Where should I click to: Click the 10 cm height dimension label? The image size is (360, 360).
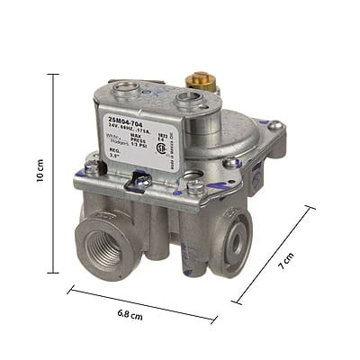40,172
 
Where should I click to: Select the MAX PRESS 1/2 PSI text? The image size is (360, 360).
147,140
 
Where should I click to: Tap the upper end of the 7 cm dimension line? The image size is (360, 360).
312,208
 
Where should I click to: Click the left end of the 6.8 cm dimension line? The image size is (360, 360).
68,289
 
